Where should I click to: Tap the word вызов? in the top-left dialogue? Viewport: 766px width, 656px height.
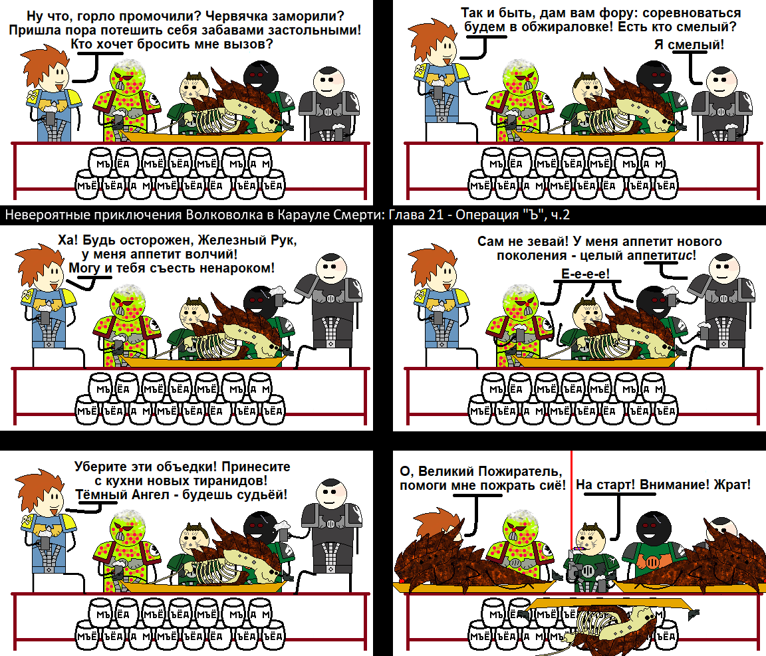click(251, 44)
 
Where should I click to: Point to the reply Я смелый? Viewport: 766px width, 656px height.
click(690, 45)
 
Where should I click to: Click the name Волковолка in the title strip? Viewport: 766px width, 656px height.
click(235, 215)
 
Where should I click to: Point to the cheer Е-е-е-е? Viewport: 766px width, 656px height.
click(585, 274)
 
